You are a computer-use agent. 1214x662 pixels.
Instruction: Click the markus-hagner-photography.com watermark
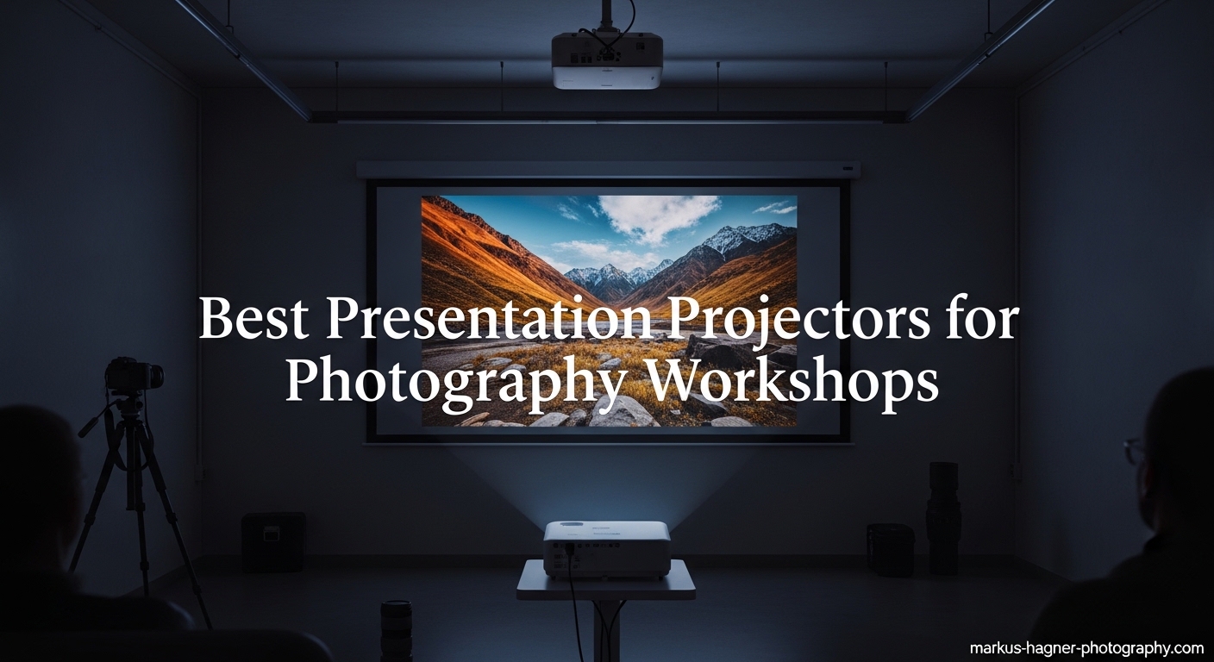pos(1086,647)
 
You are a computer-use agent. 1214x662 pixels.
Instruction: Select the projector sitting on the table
pos(606,548)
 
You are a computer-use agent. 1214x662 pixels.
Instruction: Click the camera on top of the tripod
pos(133,375)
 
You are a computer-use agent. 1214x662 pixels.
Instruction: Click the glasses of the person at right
pos(1133,450)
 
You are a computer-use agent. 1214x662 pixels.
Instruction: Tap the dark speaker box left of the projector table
pos(273,542)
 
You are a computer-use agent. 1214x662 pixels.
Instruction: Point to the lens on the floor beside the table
pos(397,629)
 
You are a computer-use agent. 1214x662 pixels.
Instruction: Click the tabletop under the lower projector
pos(606,586)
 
